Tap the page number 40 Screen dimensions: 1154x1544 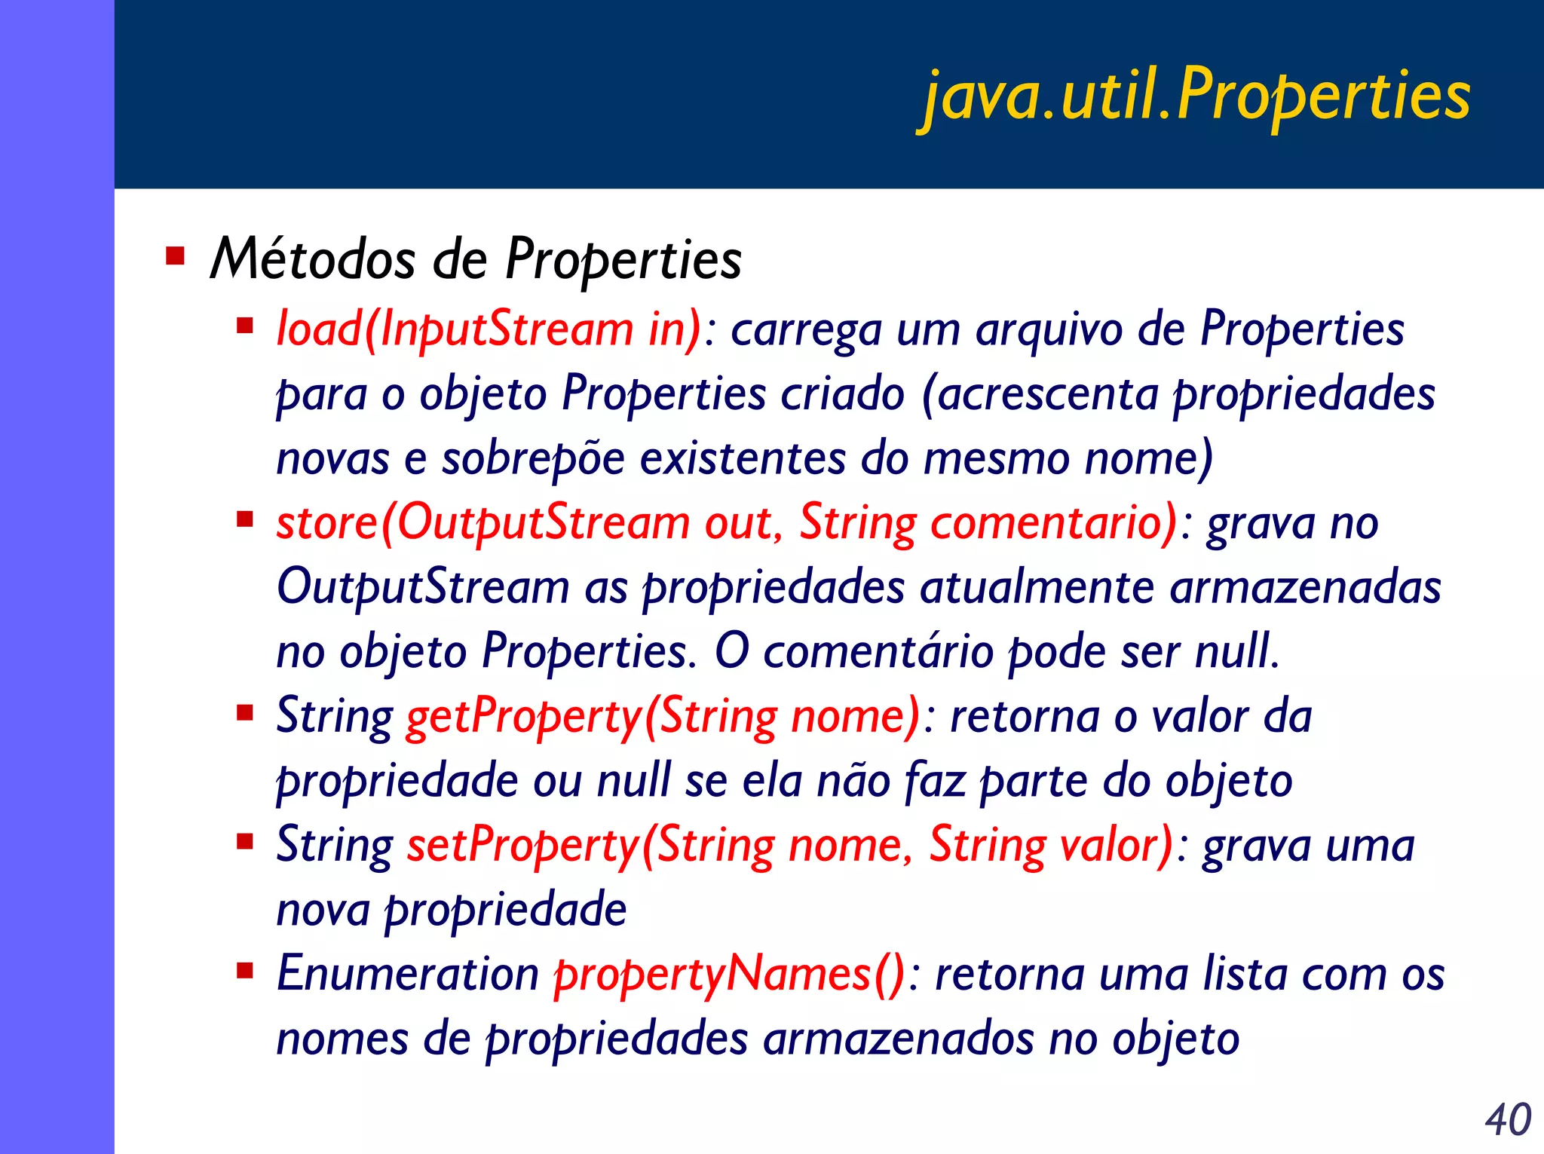(x=1508, y=1119)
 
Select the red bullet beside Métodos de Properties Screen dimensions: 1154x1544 (x=175, y=256)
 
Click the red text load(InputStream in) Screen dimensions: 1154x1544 (x=489, y=329)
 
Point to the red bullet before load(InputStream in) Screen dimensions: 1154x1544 (x=244, y=326)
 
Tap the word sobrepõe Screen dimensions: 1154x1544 (x=533, y=458)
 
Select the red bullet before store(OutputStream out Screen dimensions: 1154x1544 (x=244, y=519)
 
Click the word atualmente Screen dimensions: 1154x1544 (x=1037, y=587)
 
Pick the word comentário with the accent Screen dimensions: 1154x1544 (x=878, y=651)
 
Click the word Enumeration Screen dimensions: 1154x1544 (x=407, y=973)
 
